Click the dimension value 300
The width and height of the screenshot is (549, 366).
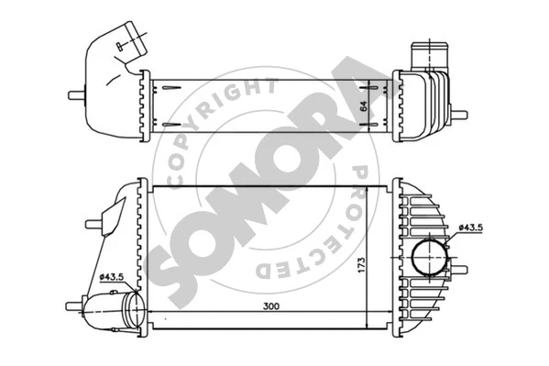[271, 306]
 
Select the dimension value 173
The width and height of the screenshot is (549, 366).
[361, 265]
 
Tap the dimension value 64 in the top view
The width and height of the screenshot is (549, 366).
[364, 106]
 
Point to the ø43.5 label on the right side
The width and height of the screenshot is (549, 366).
[470, 227]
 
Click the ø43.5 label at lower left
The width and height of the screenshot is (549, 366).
[112, 277]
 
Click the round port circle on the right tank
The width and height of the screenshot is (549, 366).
[430, 258]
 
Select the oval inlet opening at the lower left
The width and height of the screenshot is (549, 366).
[135, 309]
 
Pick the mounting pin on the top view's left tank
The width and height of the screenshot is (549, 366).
[77, 95]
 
